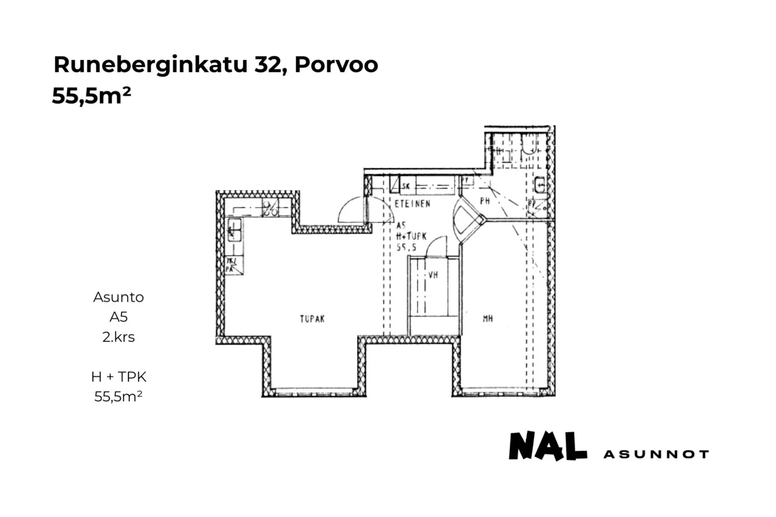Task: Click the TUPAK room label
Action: (312, 319)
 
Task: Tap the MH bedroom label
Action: (488, 319)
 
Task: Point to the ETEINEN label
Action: (412, 204)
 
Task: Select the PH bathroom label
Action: (485, 201)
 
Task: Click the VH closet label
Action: (433, 274)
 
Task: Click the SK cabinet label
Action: (406, 186)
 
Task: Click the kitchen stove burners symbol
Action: (270, 209)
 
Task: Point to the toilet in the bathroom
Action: (529, 145)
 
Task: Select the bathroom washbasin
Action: (540, 183)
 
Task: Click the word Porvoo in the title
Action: (336, 65)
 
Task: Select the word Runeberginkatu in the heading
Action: (150, 65)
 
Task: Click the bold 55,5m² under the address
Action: (91, 96)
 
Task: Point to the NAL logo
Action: (548, 447)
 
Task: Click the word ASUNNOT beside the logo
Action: (656, 454)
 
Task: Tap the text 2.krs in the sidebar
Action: (119, 337)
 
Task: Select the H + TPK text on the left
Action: (119, 377)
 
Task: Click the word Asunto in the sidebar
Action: (119, 297)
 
